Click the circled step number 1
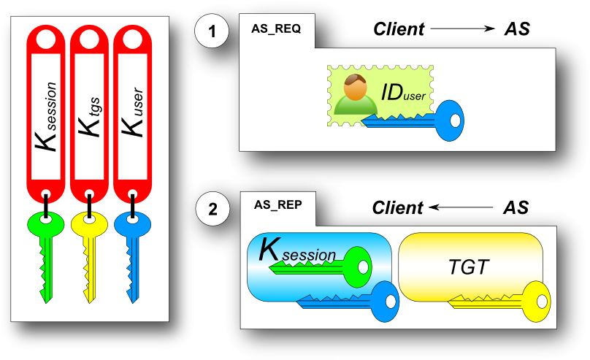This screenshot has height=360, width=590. pos(212,31)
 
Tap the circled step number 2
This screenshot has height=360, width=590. pos(212,210)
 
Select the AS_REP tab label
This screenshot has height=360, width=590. pos(277,206)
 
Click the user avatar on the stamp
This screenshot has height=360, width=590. pos(354,95)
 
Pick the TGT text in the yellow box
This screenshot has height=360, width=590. pos(468,267)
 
